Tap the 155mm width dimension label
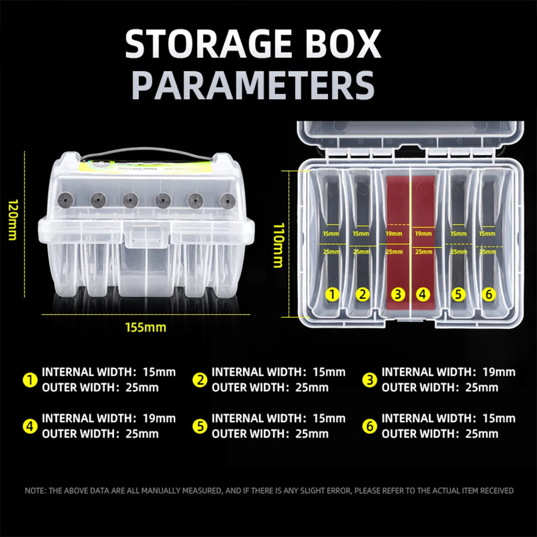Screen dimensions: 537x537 tap(146, 327)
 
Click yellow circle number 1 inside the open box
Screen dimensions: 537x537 tap(333, 294)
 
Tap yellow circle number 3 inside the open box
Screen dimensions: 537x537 tap(397, 294)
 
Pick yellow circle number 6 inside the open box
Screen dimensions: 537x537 tap(488, 294)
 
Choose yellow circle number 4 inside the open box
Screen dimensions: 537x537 tap(423, 294)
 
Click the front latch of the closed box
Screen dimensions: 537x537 tap(145, 237)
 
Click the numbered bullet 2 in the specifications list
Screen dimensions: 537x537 tap(200, 380)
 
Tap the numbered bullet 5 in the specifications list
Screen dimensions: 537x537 tap(200, 426)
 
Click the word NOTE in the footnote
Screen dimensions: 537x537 tap(35, 490)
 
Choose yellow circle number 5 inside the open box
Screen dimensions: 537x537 tap(458, 294)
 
